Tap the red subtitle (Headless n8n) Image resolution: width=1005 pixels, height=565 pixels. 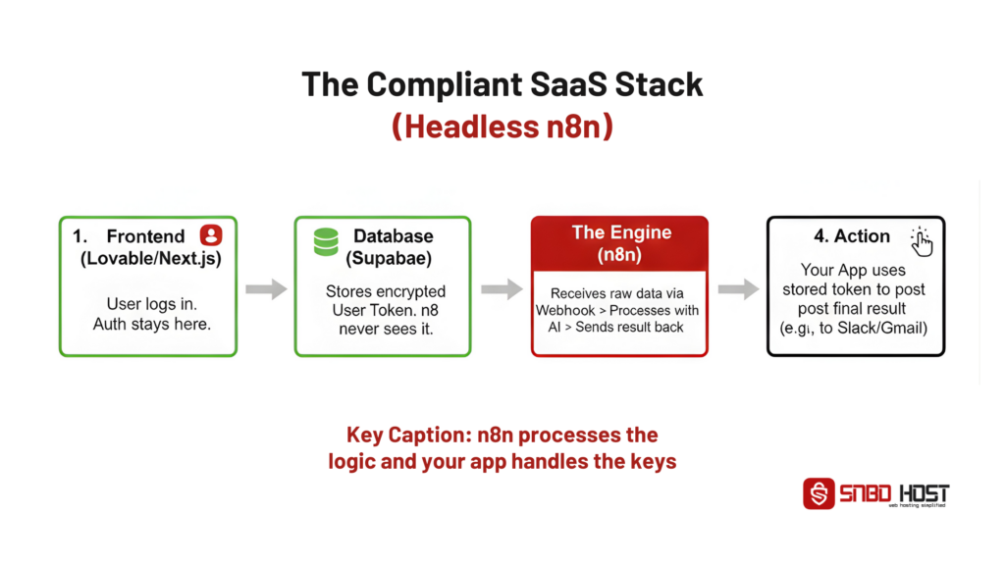(x=502, y=127)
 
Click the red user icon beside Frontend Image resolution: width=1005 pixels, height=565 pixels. (x=210, y=235)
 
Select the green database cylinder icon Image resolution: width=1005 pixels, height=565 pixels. (x=325, y=241)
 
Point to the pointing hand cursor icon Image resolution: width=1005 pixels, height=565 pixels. (x=922, y=240)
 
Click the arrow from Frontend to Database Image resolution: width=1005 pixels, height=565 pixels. (x=265, y=288)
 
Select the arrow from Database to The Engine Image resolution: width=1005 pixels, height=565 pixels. (x=502, y=288)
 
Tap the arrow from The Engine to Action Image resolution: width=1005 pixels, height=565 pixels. (x=738, y=288)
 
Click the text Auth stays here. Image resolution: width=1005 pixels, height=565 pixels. (x=147, y=324)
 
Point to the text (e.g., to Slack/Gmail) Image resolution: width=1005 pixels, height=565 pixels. (x=854, y=327)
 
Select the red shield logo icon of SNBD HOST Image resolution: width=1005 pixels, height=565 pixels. (x=819, y=493)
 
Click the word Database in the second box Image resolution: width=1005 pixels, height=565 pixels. (x=393, y=236)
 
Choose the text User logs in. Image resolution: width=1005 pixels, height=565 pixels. (x=147, y=304)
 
